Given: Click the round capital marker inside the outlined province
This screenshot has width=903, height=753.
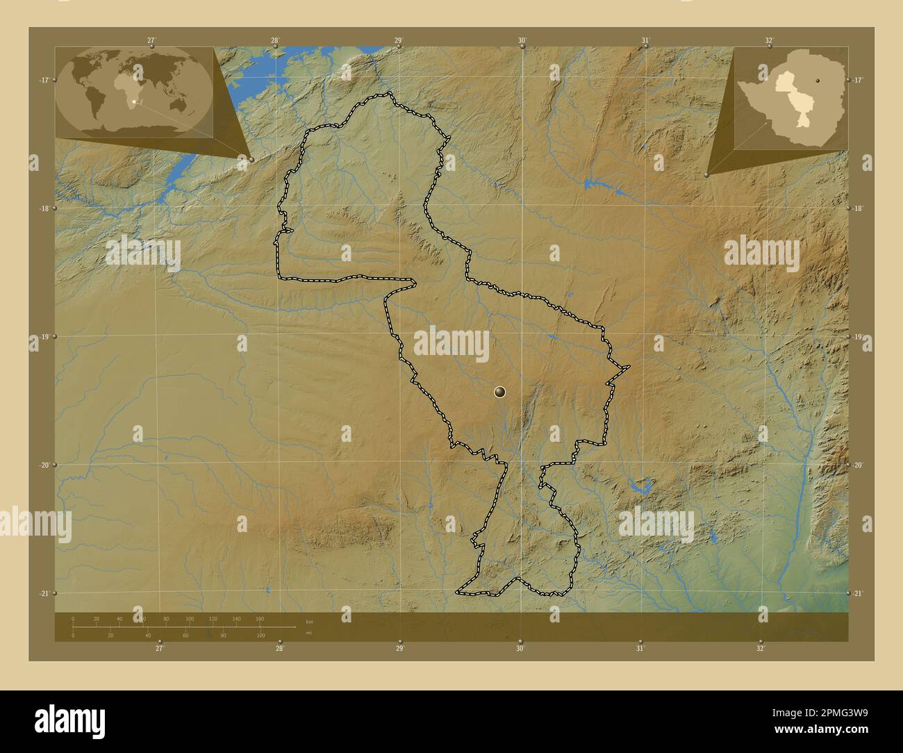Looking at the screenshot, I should pos(499,392).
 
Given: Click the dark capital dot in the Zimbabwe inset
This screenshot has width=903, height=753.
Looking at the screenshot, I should pos(816,78).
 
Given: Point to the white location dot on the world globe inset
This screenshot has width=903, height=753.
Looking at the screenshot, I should pos(133,101).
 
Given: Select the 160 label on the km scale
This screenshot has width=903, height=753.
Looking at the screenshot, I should pos(259,618).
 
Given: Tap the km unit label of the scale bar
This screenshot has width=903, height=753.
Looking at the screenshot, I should pos(309,621).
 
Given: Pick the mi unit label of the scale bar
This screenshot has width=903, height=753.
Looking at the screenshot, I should pos(309,633).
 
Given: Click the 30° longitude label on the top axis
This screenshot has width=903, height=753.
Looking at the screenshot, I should pos(522,40).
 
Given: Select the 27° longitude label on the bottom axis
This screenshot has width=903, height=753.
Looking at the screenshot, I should pos(160,648).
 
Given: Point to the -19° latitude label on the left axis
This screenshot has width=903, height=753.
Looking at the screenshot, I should pos(42,337).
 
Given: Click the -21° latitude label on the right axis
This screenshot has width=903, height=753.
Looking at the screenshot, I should pos(859,593).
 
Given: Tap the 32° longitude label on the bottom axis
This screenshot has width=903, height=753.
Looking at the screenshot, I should pos(761,648).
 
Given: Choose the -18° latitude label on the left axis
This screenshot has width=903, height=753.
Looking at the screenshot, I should pos(42,208).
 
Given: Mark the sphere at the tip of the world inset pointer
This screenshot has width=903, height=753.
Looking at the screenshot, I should pos(251,160).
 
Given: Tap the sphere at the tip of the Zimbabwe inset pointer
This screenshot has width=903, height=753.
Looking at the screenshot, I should pos(706,175).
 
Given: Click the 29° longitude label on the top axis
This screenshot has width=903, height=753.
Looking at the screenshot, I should pos(398,40).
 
